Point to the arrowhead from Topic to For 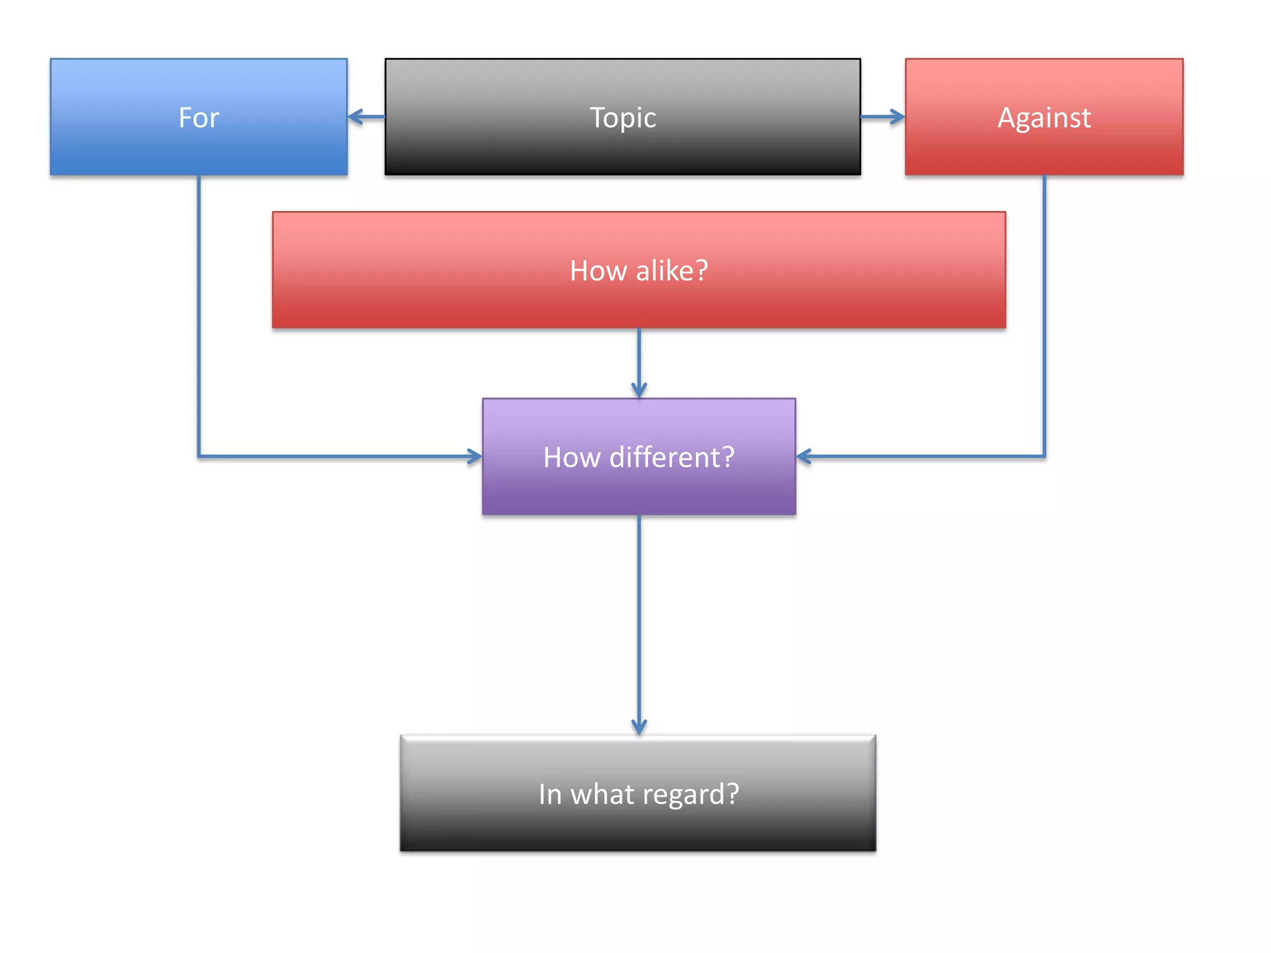click(355, 117)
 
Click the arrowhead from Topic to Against click(897, 117)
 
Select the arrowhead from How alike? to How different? click(639, 390)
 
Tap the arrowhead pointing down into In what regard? click(639, 727)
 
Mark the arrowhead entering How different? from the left click(475, 457)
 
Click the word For click(199, 118)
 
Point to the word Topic click(622, 118)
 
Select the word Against click(1044, 118)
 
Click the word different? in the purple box click(672, 457)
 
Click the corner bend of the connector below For click(199, 457)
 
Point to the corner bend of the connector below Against click(1044, 457)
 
